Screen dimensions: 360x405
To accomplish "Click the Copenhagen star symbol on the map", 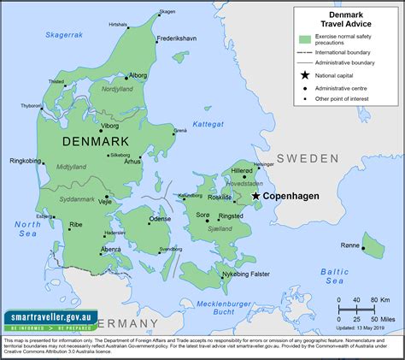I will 255,196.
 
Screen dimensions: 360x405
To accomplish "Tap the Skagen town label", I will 167,12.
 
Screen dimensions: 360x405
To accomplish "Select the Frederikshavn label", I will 176,39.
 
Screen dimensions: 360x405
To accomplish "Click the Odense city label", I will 160,219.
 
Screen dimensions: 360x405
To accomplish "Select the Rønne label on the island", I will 350,245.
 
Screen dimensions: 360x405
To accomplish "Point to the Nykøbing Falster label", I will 248,274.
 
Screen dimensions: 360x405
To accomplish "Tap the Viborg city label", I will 110,125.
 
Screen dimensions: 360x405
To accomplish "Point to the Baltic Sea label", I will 334,275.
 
